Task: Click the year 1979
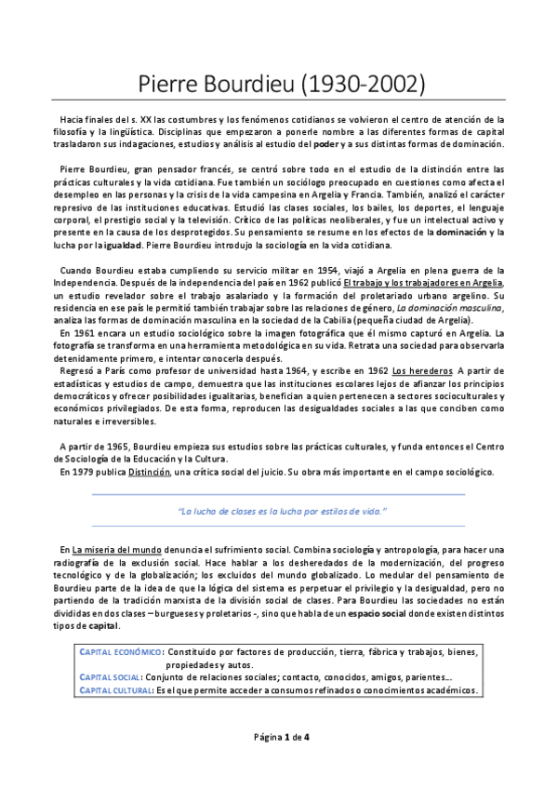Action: pos(82,472)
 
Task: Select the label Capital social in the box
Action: pos(111,677)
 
